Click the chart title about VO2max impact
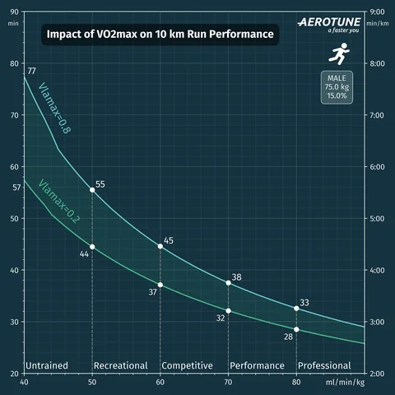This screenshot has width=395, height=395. click(x=158, y=36)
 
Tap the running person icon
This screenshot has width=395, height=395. click(x=337, y=55)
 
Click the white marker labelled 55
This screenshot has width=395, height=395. click(x=91, y=190)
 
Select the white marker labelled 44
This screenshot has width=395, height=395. click(x=91, y=247)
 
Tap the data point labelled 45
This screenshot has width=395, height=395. click(x=160, y=246)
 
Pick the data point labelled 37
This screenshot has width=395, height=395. click(x=160, y=285)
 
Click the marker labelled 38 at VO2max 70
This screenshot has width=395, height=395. click(x=228, y=282)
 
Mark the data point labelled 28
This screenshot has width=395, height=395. click(x=296, y=329)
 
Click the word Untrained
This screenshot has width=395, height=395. click(x=47, y=365)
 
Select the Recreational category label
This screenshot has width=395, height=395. click(x=120, y=365)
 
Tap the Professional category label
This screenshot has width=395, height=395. click(x=324, y=365)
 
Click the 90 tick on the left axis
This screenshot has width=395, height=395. click(x=13, y=13)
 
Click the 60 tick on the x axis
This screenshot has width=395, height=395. click(x=160, y=382)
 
